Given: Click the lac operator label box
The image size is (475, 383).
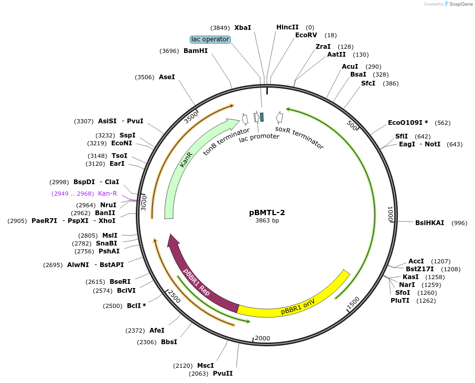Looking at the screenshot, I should pyautogui.click(x=210, y=39).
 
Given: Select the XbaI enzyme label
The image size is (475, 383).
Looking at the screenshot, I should pyautogui.click(x=243, y=28).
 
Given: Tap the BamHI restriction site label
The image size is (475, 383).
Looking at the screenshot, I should pyautogui.click(x=196, y=51).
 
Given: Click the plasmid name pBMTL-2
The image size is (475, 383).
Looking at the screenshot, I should pyautogui.click(x=267, y=212).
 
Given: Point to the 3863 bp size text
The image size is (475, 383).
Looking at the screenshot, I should pyautogui.click(x=267, y=221).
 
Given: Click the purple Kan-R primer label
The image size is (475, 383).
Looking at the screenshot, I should pyautogui.click(x=107, y=194).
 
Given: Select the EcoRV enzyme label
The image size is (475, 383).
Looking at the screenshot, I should pyautogui.click(x=306, y=35).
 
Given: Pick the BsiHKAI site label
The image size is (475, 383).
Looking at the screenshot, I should pyautogui.click(x=429, y=223).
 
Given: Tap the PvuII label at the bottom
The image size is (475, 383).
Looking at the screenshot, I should pyautogui.click(x=223, y=374).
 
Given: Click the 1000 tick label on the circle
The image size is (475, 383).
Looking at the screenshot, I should pyautogui.click(x=390, y=214).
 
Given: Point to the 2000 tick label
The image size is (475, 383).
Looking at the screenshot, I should pyautogui.click(x=262, y=338).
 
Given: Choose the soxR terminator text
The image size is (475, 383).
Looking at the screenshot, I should pyautogui.click(x=299, y=137).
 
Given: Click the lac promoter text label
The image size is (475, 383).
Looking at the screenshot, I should pyautogui.click(x=259, y=137).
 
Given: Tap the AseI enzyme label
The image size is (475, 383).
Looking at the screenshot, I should pyautogui.click(x=167, y=77).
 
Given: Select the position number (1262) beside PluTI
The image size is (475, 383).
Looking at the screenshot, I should pyautogui.click(x=426, y=301).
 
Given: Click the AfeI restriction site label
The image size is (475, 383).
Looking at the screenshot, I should pyautogui.click(x=157, y=331).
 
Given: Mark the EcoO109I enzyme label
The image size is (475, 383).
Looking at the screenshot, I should pyautogui.click(x=408, y=123).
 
